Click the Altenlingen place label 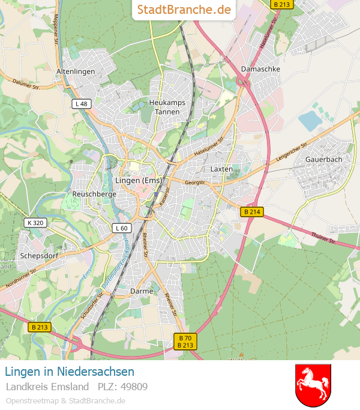pos(76,71)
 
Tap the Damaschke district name pos(260,69)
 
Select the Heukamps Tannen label pos(167,107)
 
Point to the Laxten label pos(221,169)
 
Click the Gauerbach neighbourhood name pos(323,159)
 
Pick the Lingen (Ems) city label pos(138,180)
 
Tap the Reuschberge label pos(94,194)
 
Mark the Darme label pos(142,291)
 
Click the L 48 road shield pos(82,104)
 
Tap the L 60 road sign pos(121,228)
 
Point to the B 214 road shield pos(252,212)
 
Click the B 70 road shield pos(185,338)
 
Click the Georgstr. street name pos(195,181)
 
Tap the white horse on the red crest pos(313,384)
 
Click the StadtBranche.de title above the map pos(184,10)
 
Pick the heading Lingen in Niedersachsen pos(70,372)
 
